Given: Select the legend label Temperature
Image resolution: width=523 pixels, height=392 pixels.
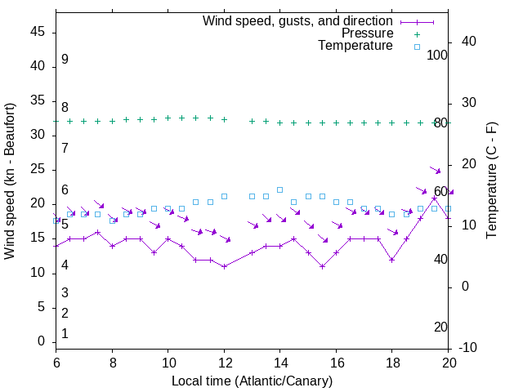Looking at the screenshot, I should pyautogui.click(x=355, y=46).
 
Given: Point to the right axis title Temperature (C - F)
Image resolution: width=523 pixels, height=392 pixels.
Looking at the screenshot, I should pyautogui.click(x=491, y=181).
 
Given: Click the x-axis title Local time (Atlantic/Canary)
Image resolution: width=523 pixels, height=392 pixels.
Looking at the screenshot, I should pyautogui.click(x=252, y=381).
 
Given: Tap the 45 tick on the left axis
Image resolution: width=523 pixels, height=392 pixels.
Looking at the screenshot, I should pyautogui.click(x=38, y=32).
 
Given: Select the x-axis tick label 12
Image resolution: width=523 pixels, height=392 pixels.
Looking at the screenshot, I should pyautogui.click(x=224, y=362).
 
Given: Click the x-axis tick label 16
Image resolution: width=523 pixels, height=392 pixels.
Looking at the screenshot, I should pyautogui.click(x=336, y=362).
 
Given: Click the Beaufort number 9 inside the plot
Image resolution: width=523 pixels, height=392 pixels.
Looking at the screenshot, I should pyautogui.click(x=65, y=60).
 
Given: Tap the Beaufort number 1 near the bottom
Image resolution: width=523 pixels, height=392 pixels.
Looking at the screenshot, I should pyautogui.click(x=65, y=333).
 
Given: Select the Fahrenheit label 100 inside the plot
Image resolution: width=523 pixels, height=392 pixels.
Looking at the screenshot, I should pyautogui.click(x=438, y=55).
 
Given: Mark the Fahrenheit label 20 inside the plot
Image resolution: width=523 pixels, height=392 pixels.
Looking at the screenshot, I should pyautogui.click(x=441, y=327).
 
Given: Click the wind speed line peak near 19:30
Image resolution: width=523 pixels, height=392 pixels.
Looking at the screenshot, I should pyautogui.click(x=434, y=198).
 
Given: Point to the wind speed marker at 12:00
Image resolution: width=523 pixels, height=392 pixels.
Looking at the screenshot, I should pyautogui.click(x=224, y=266).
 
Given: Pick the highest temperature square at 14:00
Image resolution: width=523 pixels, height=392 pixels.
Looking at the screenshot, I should pyautogui.click(x=279, y=189).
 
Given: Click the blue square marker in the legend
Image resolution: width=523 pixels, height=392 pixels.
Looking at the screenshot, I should pyautogui.click(x=417, y=47).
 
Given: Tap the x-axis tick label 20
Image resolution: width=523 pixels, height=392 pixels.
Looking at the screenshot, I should pyautogui.click(x=448, y=362).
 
